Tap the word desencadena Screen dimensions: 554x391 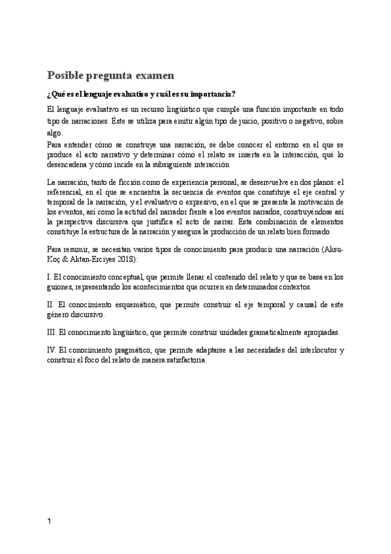[x=69, y=165]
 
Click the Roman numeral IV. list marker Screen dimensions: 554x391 [x=52, y=350]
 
